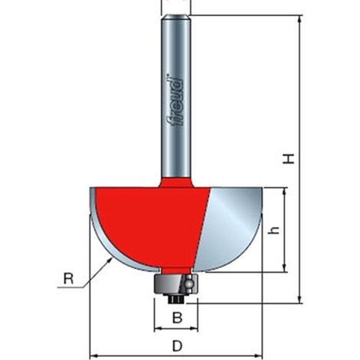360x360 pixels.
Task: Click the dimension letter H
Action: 289,159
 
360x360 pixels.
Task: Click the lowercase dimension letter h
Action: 274,231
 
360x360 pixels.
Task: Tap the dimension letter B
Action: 178,318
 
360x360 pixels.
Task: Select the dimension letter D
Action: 178,346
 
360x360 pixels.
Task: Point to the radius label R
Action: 68,279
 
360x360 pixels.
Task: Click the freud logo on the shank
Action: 176,100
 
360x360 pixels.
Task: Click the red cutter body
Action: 151,224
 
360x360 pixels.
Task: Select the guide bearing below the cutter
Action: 176,284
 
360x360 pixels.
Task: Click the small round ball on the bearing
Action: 189,283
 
